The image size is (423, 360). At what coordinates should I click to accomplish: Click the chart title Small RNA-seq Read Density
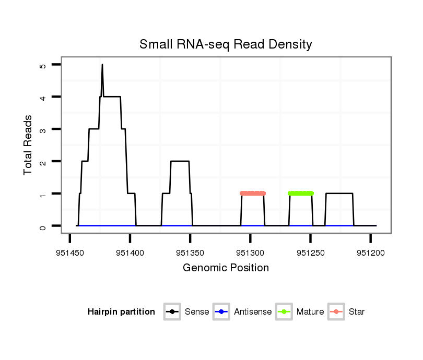pyautogui.click(x=226, y=44)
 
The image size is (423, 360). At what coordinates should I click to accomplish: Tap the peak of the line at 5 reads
pyautogui.click(x=102, y=65)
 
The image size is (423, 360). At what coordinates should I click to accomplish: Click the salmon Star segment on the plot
pyautogui.click(x=253, y=194)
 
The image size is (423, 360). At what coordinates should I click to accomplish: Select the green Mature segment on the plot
pyautogui.click(x=301, y=194)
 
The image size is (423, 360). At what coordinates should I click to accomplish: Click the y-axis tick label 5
pyautogui.click(x=43, y=65)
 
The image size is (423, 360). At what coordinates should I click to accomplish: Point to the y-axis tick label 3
pyautogui.click(x=43, y=129)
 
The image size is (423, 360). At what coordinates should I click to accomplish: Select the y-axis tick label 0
pyautogui.click(x=43, y=226)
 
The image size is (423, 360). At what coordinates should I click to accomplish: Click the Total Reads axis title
pyautogui.click(x=28, y=145)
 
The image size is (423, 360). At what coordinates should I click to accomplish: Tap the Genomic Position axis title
pyautogui.click(x=226, y=268)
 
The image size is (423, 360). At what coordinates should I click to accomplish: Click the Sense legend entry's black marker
pyautogui.click(x=172, y=312)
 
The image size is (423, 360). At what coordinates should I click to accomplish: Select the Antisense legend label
pyautogui.click(x=253, y=312)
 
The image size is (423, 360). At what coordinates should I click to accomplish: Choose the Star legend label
pyautogui.click(x=357, y=312)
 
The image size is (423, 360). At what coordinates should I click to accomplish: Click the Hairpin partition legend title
pyautogui.click(x=121, y=312)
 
